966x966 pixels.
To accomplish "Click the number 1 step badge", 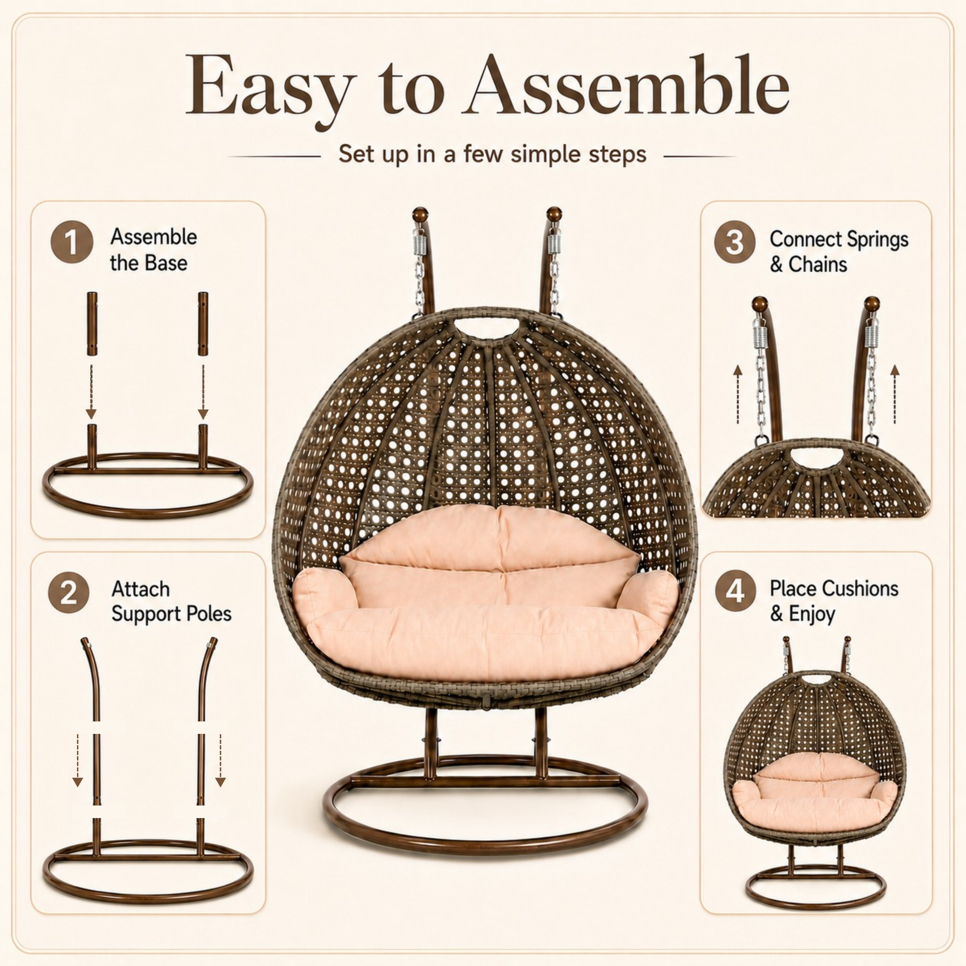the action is [x=71, y=242].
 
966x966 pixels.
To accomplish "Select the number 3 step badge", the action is [x=734, y=242].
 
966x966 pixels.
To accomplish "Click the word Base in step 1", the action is [x=168, y=263].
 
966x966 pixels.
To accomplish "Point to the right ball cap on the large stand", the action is [x=554, y=214].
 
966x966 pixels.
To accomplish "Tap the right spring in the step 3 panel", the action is [x=872, y=333].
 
